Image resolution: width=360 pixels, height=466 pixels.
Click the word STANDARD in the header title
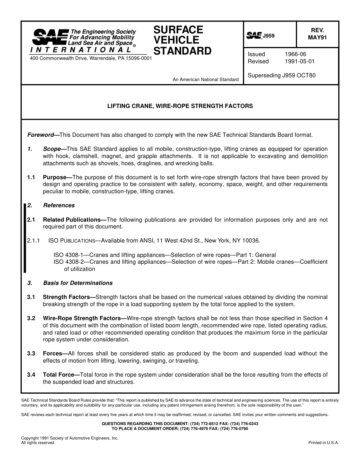click(x=182, y=51)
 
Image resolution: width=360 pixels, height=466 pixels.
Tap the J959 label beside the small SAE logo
click(x=269, y=36)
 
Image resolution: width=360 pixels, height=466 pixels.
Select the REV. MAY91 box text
click(x=317, y=34)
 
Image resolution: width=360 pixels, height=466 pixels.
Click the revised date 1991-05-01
click(x=299, y=61)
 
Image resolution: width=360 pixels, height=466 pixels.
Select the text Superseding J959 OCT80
click(x=281, y=75)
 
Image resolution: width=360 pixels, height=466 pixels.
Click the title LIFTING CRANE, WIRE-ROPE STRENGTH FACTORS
click(x=180, y=106)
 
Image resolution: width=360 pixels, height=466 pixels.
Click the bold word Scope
click(x=52, y=149)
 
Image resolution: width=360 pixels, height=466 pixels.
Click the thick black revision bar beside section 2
click(x=25, y=238)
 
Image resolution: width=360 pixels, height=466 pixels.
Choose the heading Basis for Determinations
click(x=78, y=283)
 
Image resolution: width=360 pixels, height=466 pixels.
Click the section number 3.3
click(x=31, y=353)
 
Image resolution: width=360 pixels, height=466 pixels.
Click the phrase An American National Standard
click(x=205, y=80)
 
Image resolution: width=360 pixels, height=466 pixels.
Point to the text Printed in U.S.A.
click(x=324, y=443)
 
